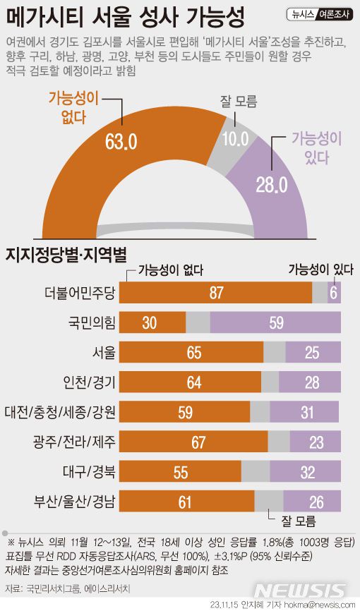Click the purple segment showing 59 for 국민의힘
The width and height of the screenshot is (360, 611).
[276, 322]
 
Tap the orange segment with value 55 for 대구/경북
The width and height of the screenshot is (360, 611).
[181, 472]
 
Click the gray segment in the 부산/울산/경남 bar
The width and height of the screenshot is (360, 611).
[269, 502]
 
